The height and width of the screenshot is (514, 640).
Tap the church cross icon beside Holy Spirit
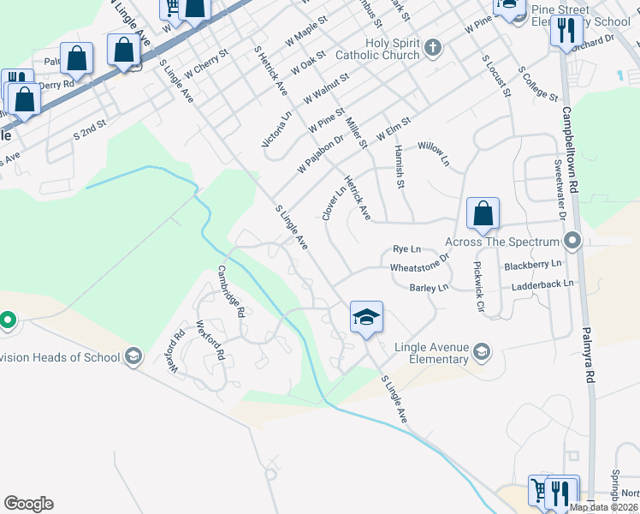(x=433, y=46)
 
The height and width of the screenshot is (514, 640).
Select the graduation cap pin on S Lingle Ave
(x=366, y=317)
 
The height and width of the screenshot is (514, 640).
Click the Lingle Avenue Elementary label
(x=432, y=353)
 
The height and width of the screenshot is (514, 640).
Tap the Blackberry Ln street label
(x=532, y=265)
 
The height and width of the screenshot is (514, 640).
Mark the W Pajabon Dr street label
(x=320, y=152)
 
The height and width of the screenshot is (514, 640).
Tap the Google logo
(x=28, y=504)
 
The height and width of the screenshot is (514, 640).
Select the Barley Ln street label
(x=429, y=289)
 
